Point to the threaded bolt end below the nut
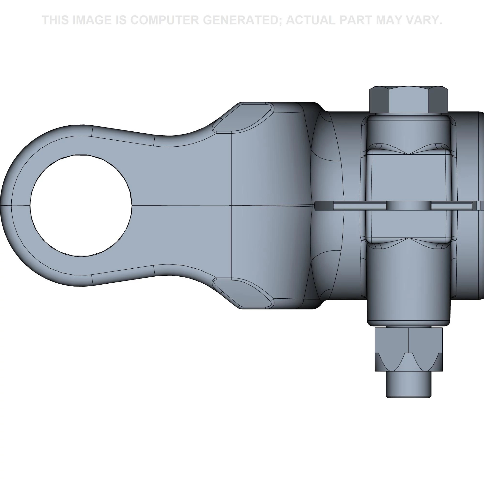coord(408,387)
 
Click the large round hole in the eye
coord(81,205)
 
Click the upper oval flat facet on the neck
coord(243,118)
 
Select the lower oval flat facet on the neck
coord(243,292)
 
